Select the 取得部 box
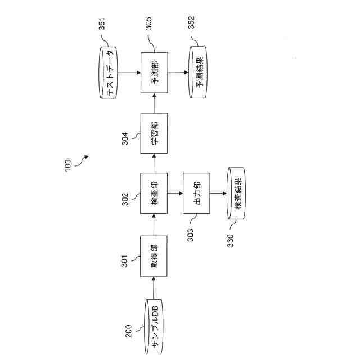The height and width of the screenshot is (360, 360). [154, 255]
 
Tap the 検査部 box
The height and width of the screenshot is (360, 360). [154, 193]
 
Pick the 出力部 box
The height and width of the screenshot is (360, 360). [197, 193]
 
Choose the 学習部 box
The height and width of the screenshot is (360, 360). [154, 133]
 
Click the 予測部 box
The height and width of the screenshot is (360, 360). [154, 73]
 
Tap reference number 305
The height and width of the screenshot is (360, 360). [148, 25]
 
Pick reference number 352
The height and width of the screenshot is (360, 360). [191, 25]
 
